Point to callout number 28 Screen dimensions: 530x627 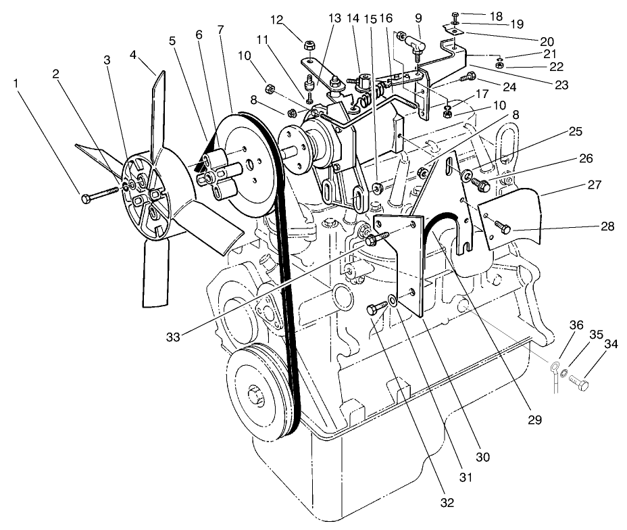click(606, 226)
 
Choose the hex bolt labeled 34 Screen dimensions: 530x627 click(579, 383)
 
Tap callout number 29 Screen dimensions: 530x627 click(535, 419)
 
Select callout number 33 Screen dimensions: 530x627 click(174, 336)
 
